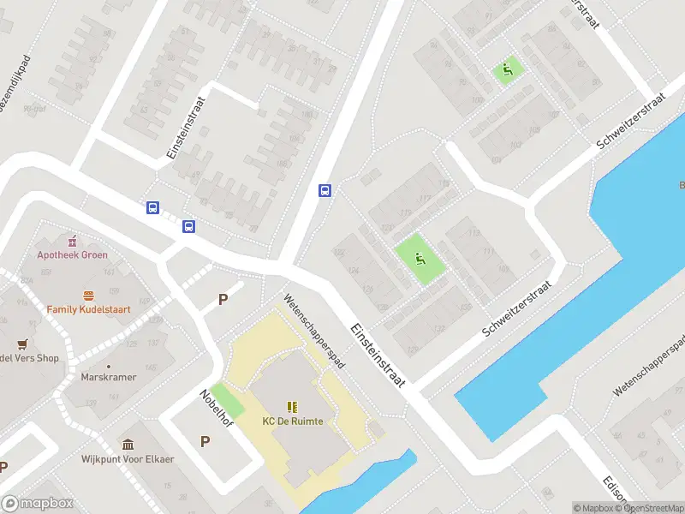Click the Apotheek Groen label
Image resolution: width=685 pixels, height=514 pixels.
[x=72, y=254]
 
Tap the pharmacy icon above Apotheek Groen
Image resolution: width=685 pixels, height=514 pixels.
[x=73, y=240]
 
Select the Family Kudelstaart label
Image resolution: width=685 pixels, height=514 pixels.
[x=86, y=308]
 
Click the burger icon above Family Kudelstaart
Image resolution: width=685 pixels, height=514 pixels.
[x=87, y=295]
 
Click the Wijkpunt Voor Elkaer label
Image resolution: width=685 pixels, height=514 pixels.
[x=128, y=459]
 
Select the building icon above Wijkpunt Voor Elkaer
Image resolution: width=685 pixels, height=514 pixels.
[x=128, y=444]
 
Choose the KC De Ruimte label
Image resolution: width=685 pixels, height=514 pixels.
[x=293, y=421]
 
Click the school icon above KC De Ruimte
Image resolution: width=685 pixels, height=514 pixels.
[x=293, y=406]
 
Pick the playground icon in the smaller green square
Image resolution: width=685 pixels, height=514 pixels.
[x=509, y=70]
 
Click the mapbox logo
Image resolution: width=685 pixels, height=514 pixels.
[x=38, y=504]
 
